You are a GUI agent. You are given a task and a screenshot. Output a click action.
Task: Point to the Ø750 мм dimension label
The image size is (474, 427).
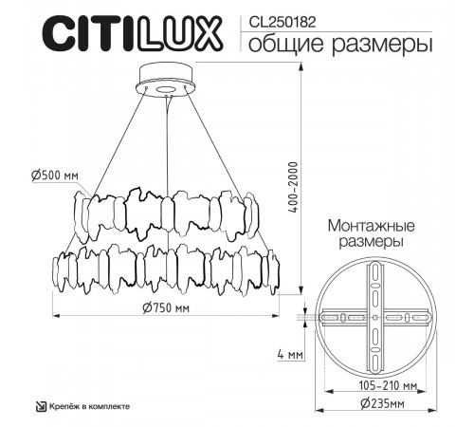click(168, 308)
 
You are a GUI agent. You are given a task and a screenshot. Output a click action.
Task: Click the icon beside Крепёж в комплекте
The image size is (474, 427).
click(41, 406)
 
